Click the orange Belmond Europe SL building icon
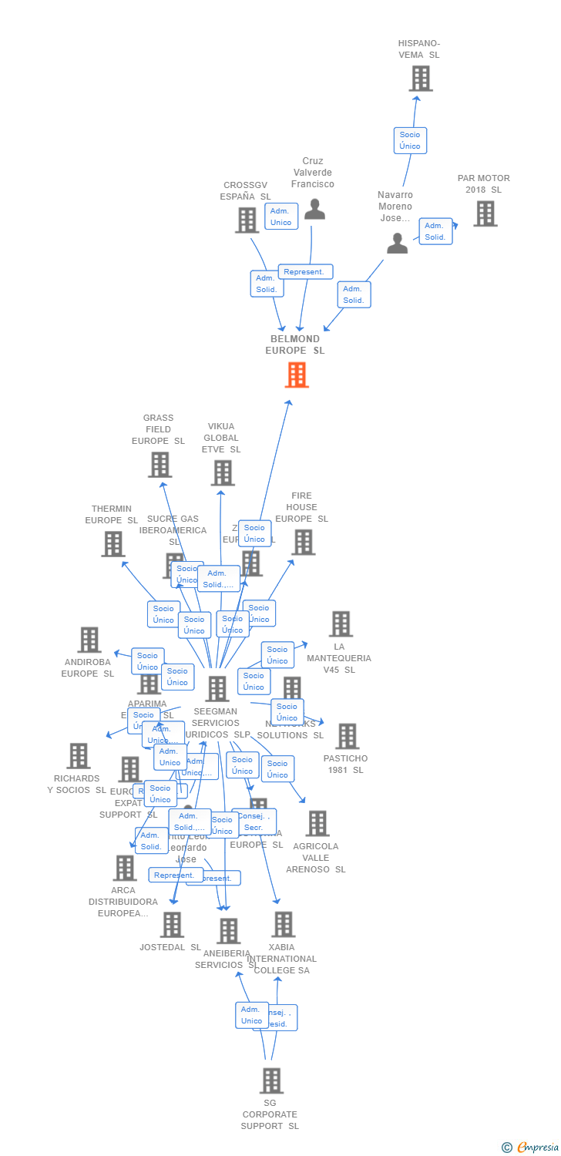click(x=297, y=375)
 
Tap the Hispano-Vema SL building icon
click(x=420, y=78)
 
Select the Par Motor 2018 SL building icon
click(x=485, y=213)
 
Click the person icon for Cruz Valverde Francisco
click(x=314, y=209)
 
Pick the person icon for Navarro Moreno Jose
click(x=397, y=244)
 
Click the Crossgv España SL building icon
click(x=247, y=220)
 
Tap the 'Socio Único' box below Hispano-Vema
click(x=410, y=140)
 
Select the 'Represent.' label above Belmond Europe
click(x=305, y=272)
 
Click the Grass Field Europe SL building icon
click(x=160, y=465)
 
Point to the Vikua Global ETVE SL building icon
click(x=223, y=472)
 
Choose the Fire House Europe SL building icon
click(x=303, y=542)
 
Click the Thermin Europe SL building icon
click(x=113, y=544)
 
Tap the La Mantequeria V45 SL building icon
click(x=341, y=624)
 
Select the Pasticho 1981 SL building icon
click(x=347, y=737)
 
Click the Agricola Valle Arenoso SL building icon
click(x=317, y=824)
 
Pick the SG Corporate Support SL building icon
click(x=270, y=1081)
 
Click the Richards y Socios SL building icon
click(x=78, y=756)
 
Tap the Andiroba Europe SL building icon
click(x=89, y=640)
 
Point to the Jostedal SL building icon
click(x=172, y=925)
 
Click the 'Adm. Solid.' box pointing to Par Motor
click(x=435, y=231)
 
